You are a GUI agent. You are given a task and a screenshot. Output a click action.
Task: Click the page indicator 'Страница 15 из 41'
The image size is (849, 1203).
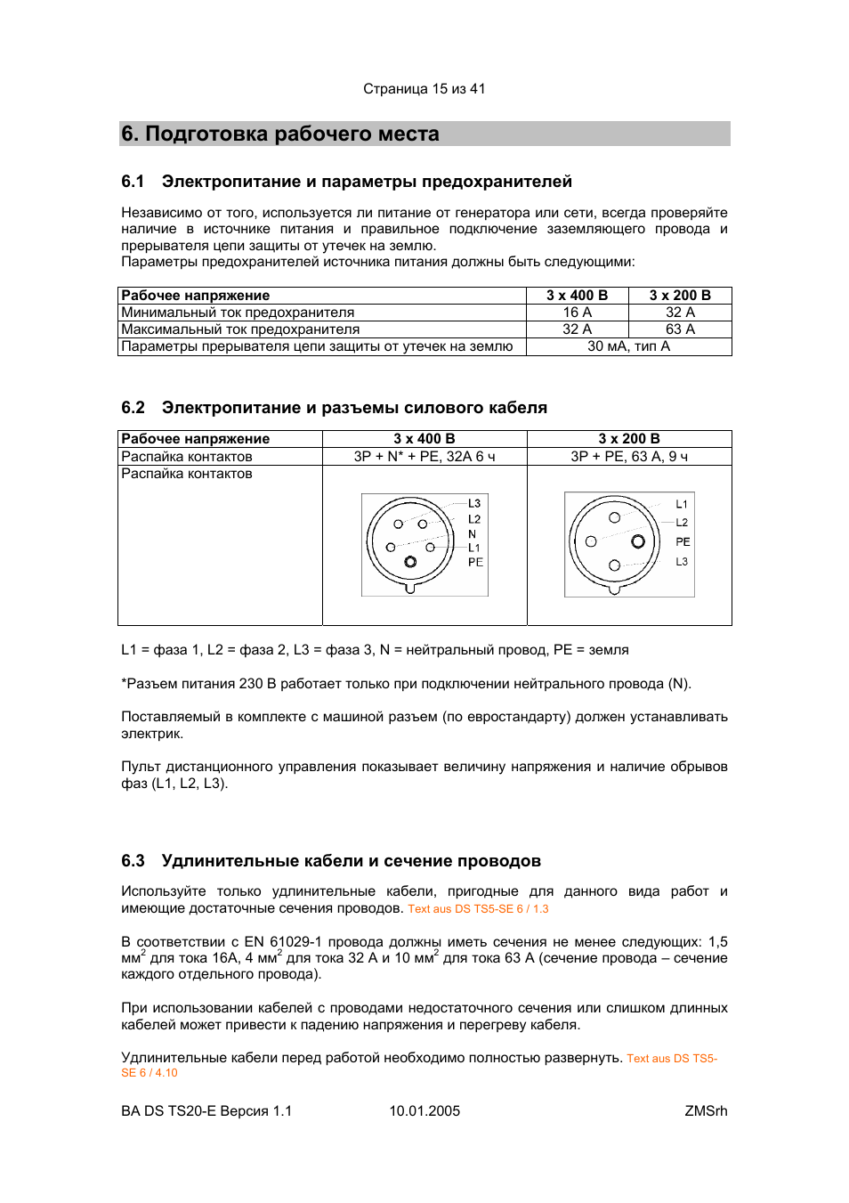point(424,89)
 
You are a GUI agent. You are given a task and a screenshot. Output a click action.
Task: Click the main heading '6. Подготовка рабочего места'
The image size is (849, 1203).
point(280,134)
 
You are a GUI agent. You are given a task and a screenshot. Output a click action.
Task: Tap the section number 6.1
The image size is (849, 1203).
point(133,182)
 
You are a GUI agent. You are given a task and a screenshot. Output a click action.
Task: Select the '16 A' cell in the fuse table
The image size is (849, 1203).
point(577,313)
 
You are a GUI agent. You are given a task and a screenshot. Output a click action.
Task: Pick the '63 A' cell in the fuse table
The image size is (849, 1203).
point(680,329)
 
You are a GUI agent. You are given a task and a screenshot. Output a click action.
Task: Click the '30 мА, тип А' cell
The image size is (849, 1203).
point(628,346)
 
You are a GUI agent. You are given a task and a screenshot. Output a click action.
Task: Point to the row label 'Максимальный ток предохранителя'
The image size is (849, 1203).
point(240,329)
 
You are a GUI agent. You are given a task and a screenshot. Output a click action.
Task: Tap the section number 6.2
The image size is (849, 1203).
point(133,408)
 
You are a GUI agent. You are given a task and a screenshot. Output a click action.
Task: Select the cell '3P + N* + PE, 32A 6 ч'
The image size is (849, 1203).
point(424,457)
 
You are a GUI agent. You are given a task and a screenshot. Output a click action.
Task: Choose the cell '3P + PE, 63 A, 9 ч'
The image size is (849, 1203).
point(629,457)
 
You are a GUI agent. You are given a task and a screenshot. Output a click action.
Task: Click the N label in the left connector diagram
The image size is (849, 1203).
point(473,534)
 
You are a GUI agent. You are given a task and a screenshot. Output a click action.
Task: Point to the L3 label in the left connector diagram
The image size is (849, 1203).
point(474,504)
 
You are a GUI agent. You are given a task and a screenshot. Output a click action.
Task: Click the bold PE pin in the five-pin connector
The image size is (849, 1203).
point(410,562)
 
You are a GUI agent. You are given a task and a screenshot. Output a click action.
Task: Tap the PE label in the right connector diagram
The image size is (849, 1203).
point(683,541)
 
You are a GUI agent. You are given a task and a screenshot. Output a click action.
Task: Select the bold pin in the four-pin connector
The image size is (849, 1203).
point(638,541)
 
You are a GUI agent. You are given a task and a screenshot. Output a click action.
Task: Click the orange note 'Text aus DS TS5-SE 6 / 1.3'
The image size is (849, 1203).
point(478,909)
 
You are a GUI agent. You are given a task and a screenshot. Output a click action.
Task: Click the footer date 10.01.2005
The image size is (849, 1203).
point(424,1111)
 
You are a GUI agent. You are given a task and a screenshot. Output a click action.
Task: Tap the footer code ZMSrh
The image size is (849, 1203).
point(706,1111)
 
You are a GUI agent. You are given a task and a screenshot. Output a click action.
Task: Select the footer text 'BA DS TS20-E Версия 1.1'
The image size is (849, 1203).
point(206,1111)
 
